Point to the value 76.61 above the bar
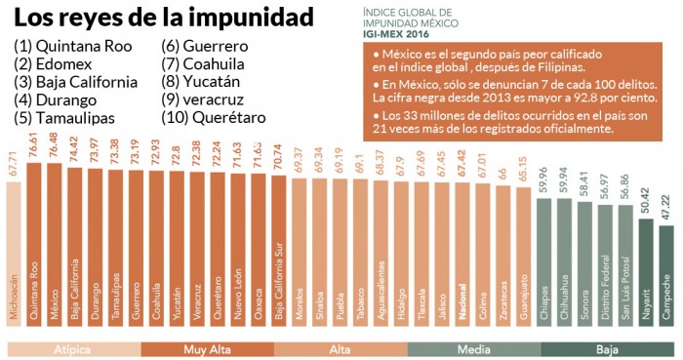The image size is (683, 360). click(34, 146)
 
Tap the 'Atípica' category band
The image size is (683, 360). click(73, 349)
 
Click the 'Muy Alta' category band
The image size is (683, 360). click(207, 349)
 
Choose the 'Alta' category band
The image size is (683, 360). click(340, 349)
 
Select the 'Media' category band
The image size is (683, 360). click(473, 349)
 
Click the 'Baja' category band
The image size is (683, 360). click(606, 349)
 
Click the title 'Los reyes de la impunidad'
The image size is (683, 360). click(164, 19)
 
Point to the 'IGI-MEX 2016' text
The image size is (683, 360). click(403, 33)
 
